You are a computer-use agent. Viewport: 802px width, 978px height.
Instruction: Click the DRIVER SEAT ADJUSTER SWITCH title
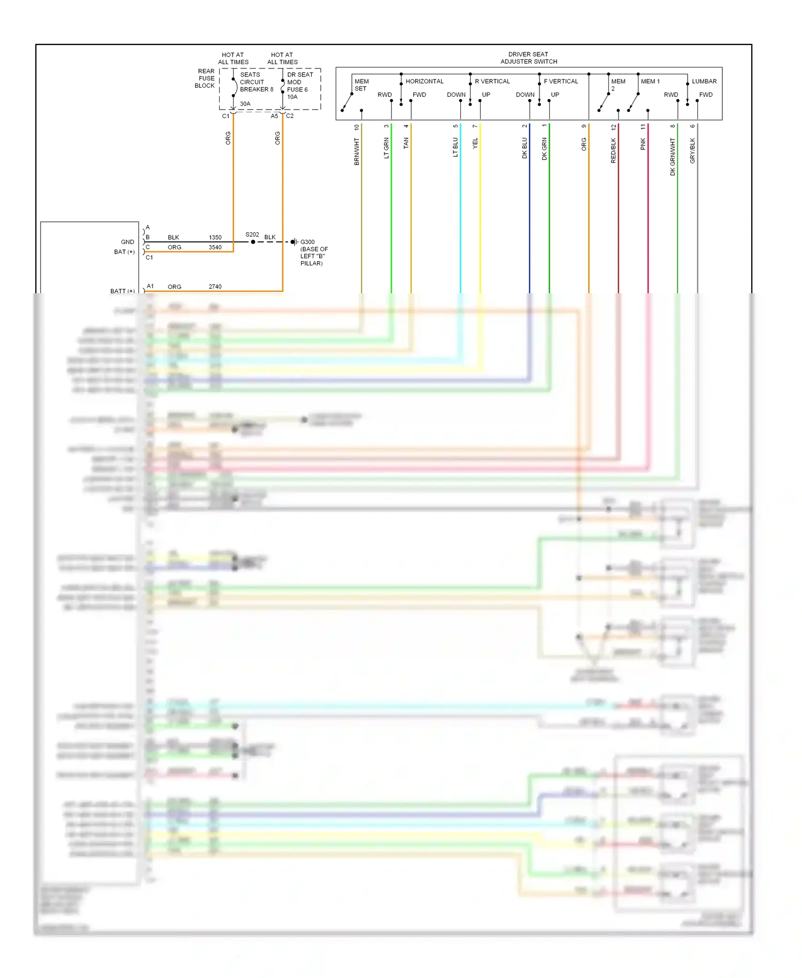pyautogui.click(x=528, y=58)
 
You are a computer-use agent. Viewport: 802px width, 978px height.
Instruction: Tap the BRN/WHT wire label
pyautogui.click(x=357, y=151)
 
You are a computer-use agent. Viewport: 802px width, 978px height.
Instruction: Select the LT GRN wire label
pyautogui.click(x=387, y=148)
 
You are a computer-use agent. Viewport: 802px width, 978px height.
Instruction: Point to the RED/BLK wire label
pyautogui.click(x=613, y=150)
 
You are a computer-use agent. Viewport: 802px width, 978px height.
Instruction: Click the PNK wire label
pyautogui.click(x=643, y=144)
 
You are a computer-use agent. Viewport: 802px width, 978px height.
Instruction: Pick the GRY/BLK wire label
pyautogui.click(x=692, y=150)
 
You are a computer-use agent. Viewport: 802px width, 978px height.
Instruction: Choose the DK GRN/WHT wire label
pyautogui.click(x=673, y=157)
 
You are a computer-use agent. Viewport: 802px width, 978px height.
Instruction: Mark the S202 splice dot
pyautogui.click(x=253, y=242)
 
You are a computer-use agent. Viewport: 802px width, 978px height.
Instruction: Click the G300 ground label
pyautogui.click(x=307, y=242)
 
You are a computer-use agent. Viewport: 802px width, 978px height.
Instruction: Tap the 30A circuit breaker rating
pyautogui.click(x=245, y=104)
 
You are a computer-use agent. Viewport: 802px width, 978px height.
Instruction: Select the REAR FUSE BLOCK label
pyautogui.click(x=205, y=78)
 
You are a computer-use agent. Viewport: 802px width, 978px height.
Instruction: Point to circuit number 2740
pyautogui.click(x=215, y=287)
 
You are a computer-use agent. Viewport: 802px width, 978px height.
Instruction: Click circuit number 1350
pyautogui.click(x=215, y=238)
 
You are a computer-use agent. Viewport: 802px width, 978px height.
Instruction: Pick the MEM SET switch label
pyautogui.click(x=361, y=85)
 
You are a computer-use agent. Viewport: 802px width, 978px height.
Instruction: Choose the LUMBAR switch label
pyautogui.click(x=704, y=81)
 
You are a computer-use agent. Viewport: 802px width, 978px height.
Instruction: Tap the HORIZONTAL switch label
pyautogui.click(x=425, y=81)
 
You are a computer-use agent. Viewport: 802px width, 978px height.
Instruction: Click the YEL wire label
pyautogui.click(x=475, y=143)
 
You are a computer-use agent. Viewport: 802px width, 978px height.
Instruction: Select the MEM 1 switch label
pyautogui.click(x=650, y=81)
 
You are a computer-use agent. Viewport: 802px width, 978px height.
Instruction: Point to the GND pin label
pyautogui.click(x=127, y=242)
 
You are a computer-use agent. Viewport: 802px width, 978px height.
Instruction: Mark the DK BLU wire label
pyautogui.click(x=525, y=148)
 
